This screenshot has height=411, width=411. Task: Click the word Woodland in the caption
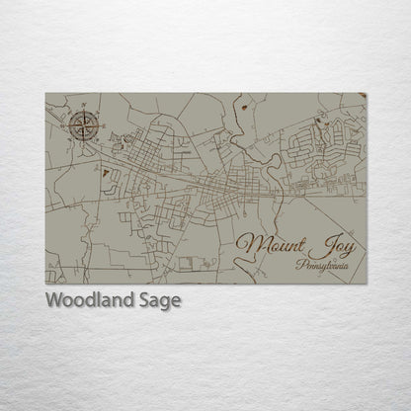[85, 300]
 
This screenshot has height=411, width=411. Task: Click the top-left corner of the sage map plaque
[45, 93]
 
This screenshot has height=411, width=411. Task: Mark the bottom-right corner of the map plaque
[368, 285]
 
